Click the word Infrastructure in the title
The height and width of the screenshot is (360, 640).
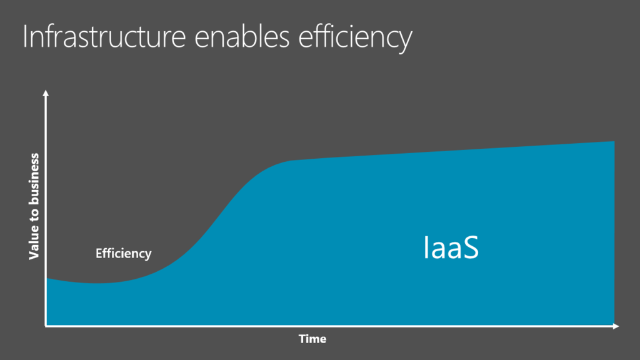coord(104,36)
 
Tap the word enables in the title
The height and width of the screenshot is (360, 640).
coord(242,36)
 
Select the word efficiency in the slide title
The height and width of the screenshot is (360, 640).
coord(355,38)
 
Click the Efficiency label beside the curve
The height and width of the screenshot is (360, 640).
coord(123,254)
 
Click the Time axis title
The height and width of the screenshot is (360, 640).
coord(312,339)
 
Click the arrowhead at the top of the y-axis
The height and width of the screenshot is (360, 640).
coord(46,93)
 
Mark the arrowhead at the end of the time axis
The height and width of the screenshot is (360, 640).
coord(616,326)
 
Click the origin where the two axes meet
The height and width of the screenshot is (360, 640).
coord(46,326)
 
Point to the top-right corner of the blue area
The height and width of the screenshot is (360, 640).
coord(614,141)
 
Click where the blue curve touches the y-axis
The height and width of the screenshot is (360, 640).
coord(46,278)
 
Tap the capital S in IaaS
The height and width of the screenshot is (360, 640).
coord(471,247)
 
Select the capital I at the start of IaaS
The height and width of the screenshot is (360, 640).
coord(426,247)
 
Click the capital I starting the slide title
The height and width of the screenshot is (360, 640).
coord(25,37)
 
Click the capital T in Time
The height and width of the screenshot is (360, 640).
coord(303,338)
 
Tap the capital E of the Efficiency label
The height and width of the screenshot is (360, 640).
coord(99,253)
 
